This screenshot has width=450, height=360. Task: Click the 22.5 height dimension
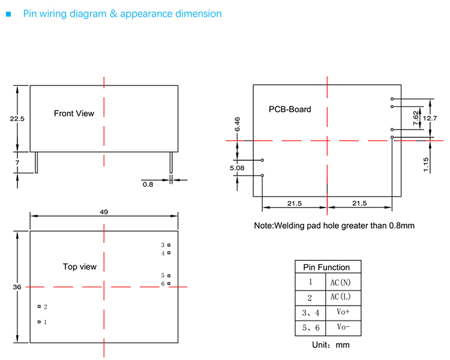coord(17,119)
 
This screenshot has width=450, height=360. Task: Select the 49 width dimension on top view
coord(104,212)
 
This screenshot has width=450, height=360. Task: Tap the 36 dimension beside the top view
coord(17,287)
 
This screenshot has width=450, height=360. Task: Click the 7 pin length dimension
coord(17,163)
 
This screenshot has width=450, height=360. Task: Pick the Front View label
coord(74,113)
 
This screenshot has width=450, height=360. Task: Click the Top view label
coord(79,266)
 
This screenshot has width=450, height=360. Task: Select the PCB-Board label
coord(290,109)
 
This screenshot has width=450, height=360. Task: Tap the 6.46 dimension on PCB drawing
coord(238,124)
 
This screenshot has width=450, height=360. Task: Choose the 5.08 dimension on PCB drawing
coord(237,168)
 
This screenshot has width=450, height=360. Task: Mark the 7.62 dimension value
coord(416,118)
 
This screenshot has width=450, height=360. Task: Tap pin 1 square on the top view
coord(39,322)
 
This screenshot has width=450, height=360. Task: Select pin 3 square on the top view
coord(169,245)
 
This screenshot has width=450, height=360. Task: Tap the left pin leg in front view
coord(37,162)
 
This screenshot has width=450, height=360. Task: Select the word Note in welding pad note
coord(265,226)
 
